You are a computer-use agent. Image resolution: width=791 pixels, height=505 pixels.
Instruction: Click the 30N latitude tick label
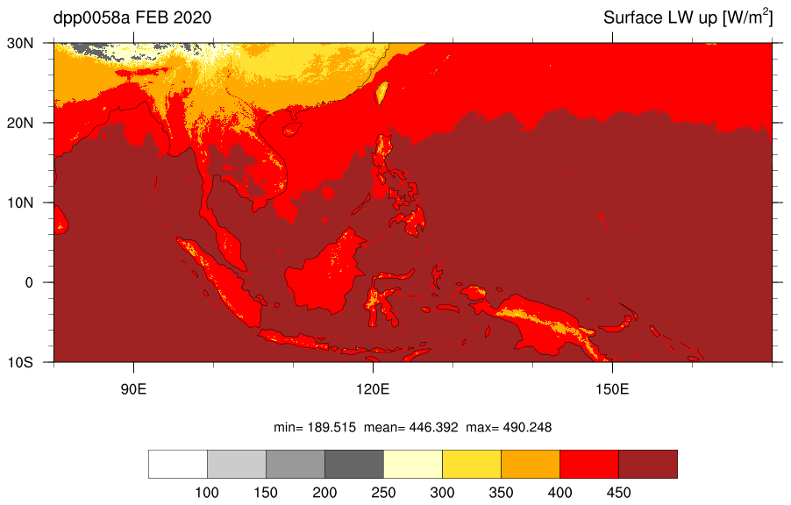pyautogui.click(x=20, y=43)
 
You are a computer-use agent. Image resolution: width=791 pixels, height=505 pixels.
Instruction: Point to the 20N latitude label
pyautogui.click(x=20, y=123)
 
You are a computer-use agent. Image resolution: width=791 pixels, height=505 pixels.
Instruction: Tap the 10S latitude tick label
pyautogui.click(x=20, y=362)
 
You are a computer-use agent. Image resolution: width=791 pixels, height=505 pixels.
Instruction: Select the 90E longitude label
pyautogui.click(x=133, y=389)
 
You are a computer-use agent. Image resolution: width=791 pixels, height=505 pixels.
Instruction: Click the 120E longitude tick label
pyautogui.click(x=373, y=389)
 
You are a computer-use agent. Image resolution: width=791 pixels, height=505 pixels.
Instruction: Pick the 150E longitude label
pyautogui.click(x=612, y=389)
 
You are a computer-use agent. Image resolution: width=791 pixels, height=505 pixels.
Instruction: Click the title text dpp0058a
pyautogui.click(x=91, y=18)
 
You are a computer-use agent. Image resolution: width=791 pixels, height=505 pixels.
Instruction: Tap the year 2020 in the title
pyautogui.click(x=192, y=18)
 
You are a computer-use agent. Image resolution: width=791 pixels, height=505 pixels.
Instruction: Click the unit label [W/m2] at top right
pyautogui.click(x=748, y=18)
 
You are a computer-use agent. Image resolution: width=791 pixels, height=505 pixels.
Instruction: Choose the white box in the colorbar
pyautogui.click(x=177, y=464)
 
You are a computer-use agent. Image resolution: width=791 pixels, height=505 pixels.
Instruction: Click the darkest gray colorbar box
pyautogui.click(x=354, y=464)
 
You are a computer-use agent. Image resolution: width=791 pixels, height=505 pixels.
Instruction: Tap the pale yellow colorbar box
pyautogui.click(x=413, y=464)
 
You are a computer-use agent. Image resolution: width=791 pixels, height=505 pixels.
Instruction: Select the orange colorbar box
pyautogui.click(x=531, y=464)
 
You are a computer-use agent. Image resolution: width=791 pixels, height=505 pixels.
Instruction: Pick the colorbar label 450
pyautogui.click(x=618, y=493)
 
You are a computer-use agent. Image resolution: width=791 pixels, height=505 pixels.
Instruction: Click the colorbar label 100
pyautogui.click(x=207, y=493)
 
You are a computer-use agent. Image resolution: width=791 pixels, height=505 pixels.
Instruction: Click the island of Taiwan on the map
pyautogui.click(x=381, y=93)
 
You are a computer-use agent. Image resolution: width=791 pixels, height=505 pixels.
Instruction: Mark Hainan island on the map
pyautogui.click(x=291, y=129)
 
